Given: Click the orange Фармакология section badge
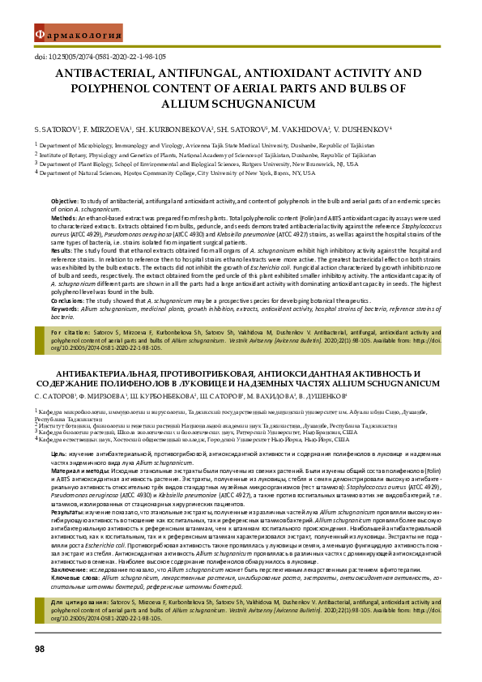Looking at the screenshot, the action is (78, 34).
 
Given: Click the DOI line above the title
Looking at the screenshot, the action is (100, 57).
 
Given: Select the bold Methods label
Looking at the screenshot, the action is (64, 218).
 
